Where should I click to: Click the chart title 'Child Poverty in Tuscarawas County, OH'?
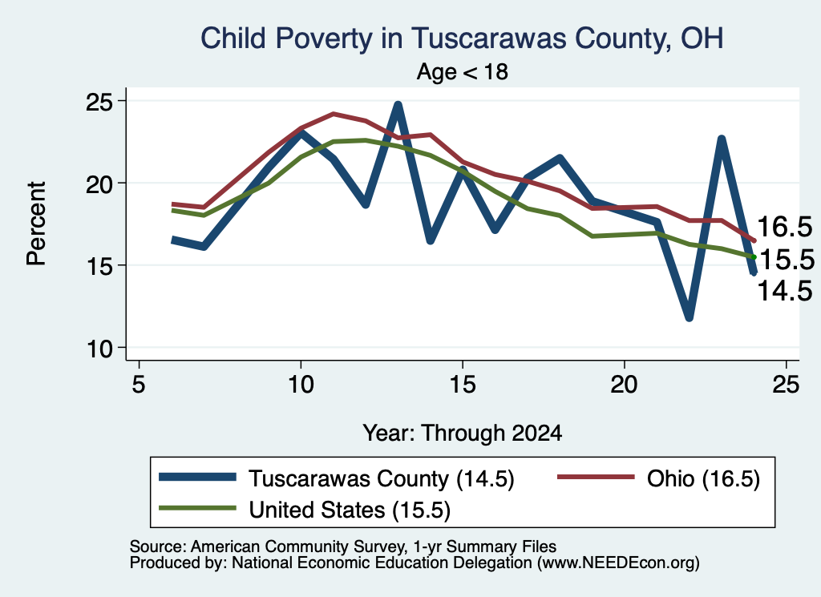tap(462, 38)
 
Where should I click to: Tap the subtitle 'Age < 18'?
tap(463, 71)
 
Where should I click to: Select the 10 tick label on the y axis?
tap(99, 349)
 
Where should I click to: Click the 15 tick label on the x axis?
tap(463, 385)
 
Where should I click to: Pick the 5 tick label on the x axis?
tap(138, 385)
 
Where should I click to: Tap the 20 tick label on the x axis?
tap(624, 385)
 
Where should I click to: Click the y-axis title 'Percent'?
tap(37, 224)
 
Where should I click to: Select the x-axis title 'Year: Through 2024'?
tap(463, 434)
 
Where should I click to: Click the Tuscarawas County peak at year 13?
tap(398, 105)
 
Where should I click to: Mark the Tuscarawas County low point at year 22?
tap(689, 317)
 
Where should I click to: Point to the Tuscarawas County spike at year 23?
tap(722, 139)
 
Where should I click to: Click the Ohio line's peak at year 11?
tap(333, 114)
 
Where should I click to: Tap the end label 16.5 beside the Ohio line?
tap(784, 227)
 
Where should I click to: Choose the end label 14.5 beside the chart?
tap(785, 291)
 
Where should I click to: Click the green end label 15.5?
tap(787, 260)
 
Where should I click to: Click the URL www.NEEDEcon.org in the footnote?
tap(618, 563)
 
